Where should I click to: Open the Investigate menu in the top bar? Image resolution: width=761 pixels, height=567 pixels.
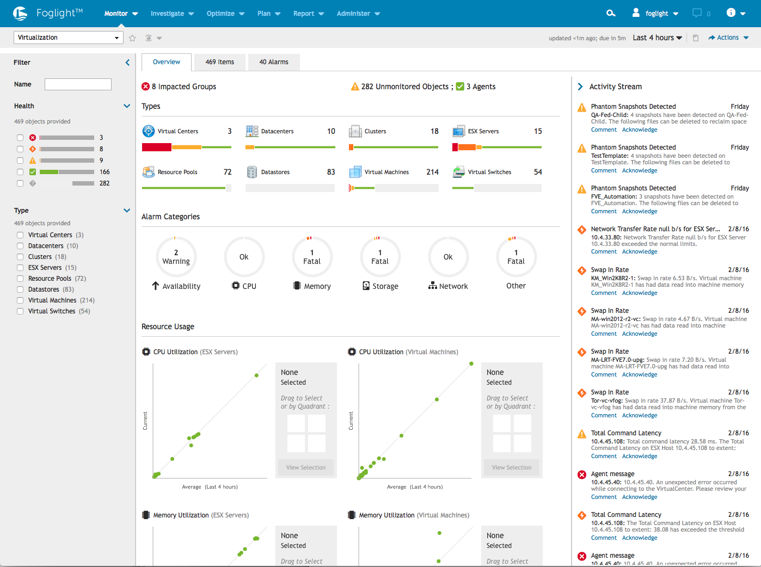click(x=172, y=14)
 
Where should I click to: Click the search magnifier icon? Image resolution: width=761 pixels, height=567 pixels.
click(x=611, y=13)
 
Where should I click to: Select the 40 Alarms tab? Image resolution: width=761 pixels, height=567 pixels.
click(x=274, y=62)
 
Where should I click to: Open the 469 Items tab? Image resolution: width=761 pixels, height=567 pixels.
click(x=219, y=62)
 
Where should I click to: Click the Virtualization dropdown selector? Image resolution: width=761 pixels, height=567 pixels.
click(x=68, y=38)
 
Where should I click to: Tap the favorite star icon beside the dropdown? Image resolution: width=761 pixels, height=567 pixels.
click(x=132, y=38)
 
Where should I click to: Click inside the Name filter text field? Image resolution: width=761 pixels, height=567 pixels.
click(x=78, y=84)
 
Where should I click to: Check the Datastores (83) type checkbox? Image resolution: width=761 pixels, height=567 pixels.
click(x=20, y=289)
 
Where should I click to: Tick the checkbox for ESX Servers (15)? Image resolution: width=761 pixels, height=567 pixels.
click(x=20, y=268)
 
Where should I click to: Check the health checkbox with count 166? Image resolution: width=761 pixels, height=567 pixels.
click(x=20, y=172)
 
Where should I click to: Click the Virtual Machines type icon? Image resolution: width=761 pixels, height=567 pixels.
click(x=355, y=172)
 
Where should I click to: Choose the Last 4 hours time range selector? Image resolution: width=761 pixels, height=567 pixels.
click(x=657, y=38)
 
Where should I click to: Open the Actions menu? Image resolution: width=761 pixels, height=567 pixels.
click(x=728, y=38)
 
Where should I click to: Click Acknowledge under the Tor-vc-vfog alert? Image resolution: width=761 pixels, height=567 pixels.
click(x=639, y=415)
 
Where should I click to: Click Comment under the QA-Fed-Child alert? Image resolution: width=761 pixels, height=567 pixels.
click(x=604, y=130)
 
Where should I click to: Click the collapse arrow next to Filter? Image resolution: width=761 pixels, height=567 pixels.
click(x=127, y=63)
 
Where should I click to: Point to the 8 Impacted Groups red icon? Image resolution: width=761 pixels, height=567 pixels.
click(x=145, y=87)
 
